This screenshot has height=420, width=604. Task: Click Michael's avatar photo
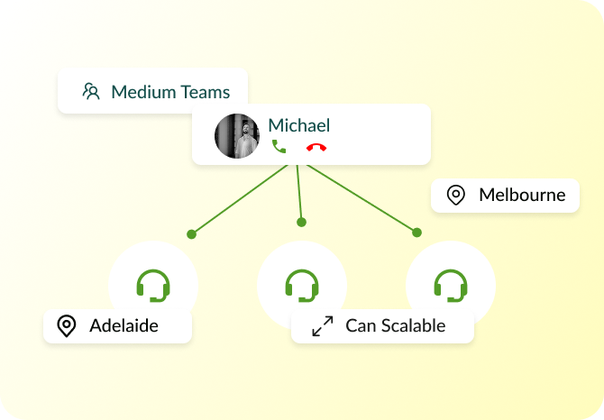click(237, 136)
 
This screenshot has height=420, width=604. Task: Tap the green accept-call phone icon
click(279, 146)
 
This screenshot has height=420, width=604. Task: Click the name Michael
click(299, 125)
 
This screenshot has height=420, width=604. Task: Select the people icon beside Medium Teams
click(91, 91)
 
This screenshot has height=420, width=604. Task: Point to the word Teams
click(203, 92)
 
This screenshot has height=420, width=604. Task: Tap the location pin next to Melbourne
click(456, 195)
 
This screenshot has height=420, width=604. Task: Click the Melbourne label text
click(522, 195)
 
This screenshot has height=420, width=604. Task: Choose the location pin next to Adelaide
click(66, 326)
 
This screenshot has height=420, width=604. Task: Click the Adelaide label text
click(124, 326)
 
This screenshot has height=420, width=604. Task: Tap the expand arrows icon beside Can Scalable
click(322, 326)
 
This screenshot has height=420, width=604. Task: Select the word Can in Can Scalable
click(360, 326)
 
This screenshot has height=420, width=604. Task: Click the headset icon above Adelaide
click(153, 286)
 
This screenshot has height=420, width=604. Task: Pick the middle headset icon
click(302, 286)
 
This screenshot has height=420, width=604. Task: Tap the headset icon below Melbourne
click(450, 286)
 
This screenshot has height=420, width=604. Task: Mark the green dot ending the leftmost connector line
click(191, 234)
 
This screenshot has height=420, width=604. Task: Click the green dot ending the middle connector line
click(301, 222)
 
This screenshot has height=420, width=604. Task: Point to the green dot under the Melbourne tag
click(416, 233)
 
